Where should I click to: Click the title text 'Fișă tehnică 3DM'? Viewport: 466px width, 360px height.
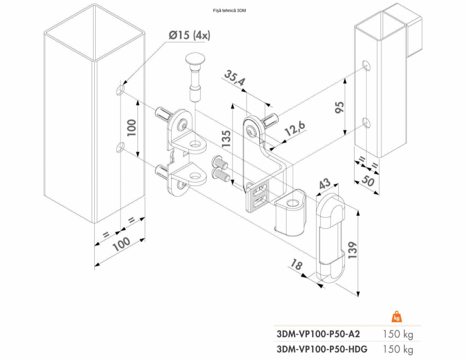[x=233, y=10]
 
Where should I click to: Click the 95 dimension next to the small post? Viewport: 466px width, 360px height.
[x=339, y=106]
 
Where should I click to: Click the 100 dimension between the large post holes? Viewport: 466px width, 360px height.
[x=131, y=128]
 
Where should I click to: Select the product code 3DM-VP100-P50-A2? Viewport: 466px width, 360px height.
[x=319, y=334]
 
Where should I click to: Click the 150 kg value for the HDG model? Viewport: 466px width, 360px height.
[x=398, y=349]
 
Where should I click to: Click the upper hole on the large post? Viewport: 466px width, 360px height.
[x=120, y=90]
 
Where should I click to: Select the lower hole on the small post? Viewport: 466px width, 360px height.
[x=366, y=122]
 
